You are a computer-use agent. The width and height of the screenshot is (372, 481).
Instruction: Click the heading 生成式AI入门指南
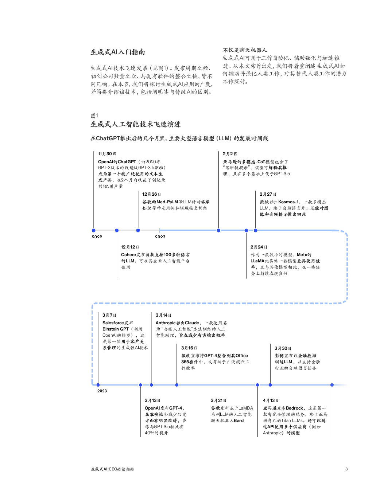coord(117,52)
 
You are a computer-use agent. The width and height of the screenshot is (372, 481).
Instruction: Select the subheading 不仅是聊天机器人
coord(245,50)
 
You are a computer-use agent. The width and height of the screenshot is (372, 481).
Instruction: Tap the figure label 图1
coord(94,116)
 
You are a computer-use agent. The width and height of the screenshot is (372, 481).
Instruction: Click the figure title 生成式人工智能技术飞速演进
coord(135,124)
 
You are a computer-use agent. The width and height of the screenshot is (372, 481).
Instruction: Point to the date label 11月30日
coord(107,154)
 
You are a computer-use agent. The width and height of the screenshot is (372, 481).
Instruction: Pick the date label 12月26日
coord(151,194)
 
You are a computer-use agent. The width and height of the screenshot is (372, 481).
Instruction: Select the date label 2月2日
coord(229,154)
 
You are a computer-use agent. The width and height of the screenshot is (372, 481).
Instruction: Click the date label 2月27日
coord(268,194)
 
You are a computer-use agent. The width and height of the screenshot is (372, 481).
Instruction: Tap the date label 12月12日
coord(130,247)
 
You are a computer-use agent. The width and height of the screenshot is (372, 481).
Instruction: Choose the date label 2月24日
coord(259,247)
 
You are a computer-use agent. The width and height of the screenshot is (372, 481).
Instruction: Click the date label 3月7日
coord(109,315)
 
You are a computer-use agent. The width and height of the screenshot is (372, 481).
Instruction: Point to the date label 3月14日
coord(163,315)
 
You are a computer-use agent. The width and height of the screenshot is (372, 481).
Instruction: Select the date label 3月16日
coord(189,348)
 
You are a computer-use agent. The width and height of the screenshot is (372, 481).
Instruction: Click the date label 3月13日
coord(152,400)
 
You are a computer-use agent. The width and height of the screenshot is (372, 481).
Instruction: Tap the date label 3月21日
coord(218,400)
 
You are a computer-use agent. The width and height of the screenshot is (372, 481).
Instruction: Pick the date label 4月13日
coord(271,400)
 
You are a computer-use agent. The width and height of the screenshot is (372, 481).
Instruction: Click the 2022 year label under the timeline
coord(97,237)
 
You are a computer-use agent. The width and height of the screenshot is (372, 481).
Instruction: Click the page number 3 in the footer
coord(346,469)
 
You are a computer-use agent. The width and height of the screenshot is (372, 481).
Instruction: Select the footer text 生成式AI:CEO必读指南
coord(112,469)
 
